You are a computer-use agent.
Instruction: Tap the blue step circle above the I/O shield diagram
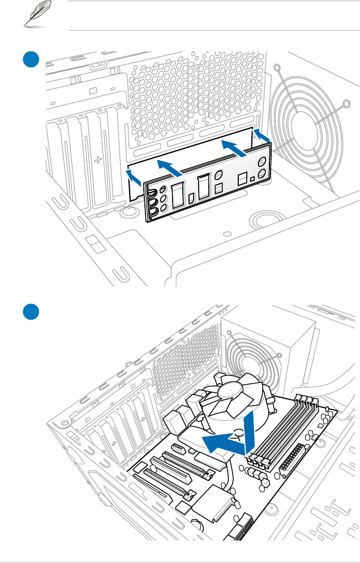(30, 59)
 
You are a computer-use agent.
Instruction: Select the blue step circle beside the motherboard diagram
(30, 312)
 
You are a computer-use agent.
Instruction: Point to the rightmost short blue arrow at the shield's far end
(261, 135)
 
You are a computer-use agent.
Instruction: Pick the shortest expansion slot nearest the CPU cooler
(175, 450)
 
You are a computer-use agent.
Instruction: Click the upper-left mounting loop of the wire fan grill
(278, 68)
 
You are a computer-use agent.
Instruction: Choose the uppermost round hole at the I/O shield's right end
(262, 161)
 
